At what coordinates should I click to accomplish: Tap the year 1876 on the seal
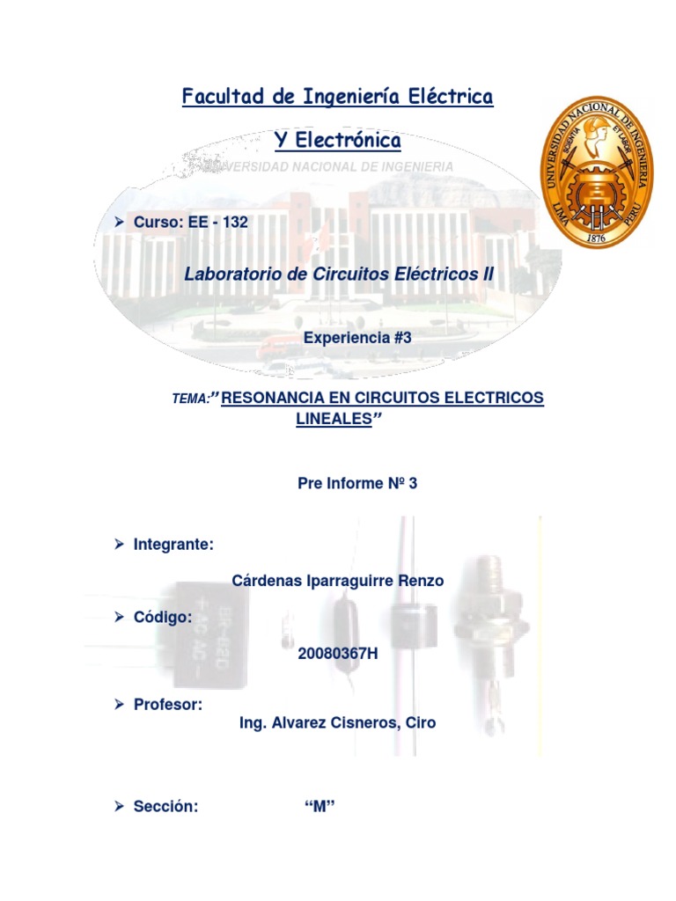596,238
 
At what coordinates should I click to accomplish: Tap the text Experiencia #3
356,337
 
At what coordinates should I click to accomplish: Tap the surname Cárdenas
268,581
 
